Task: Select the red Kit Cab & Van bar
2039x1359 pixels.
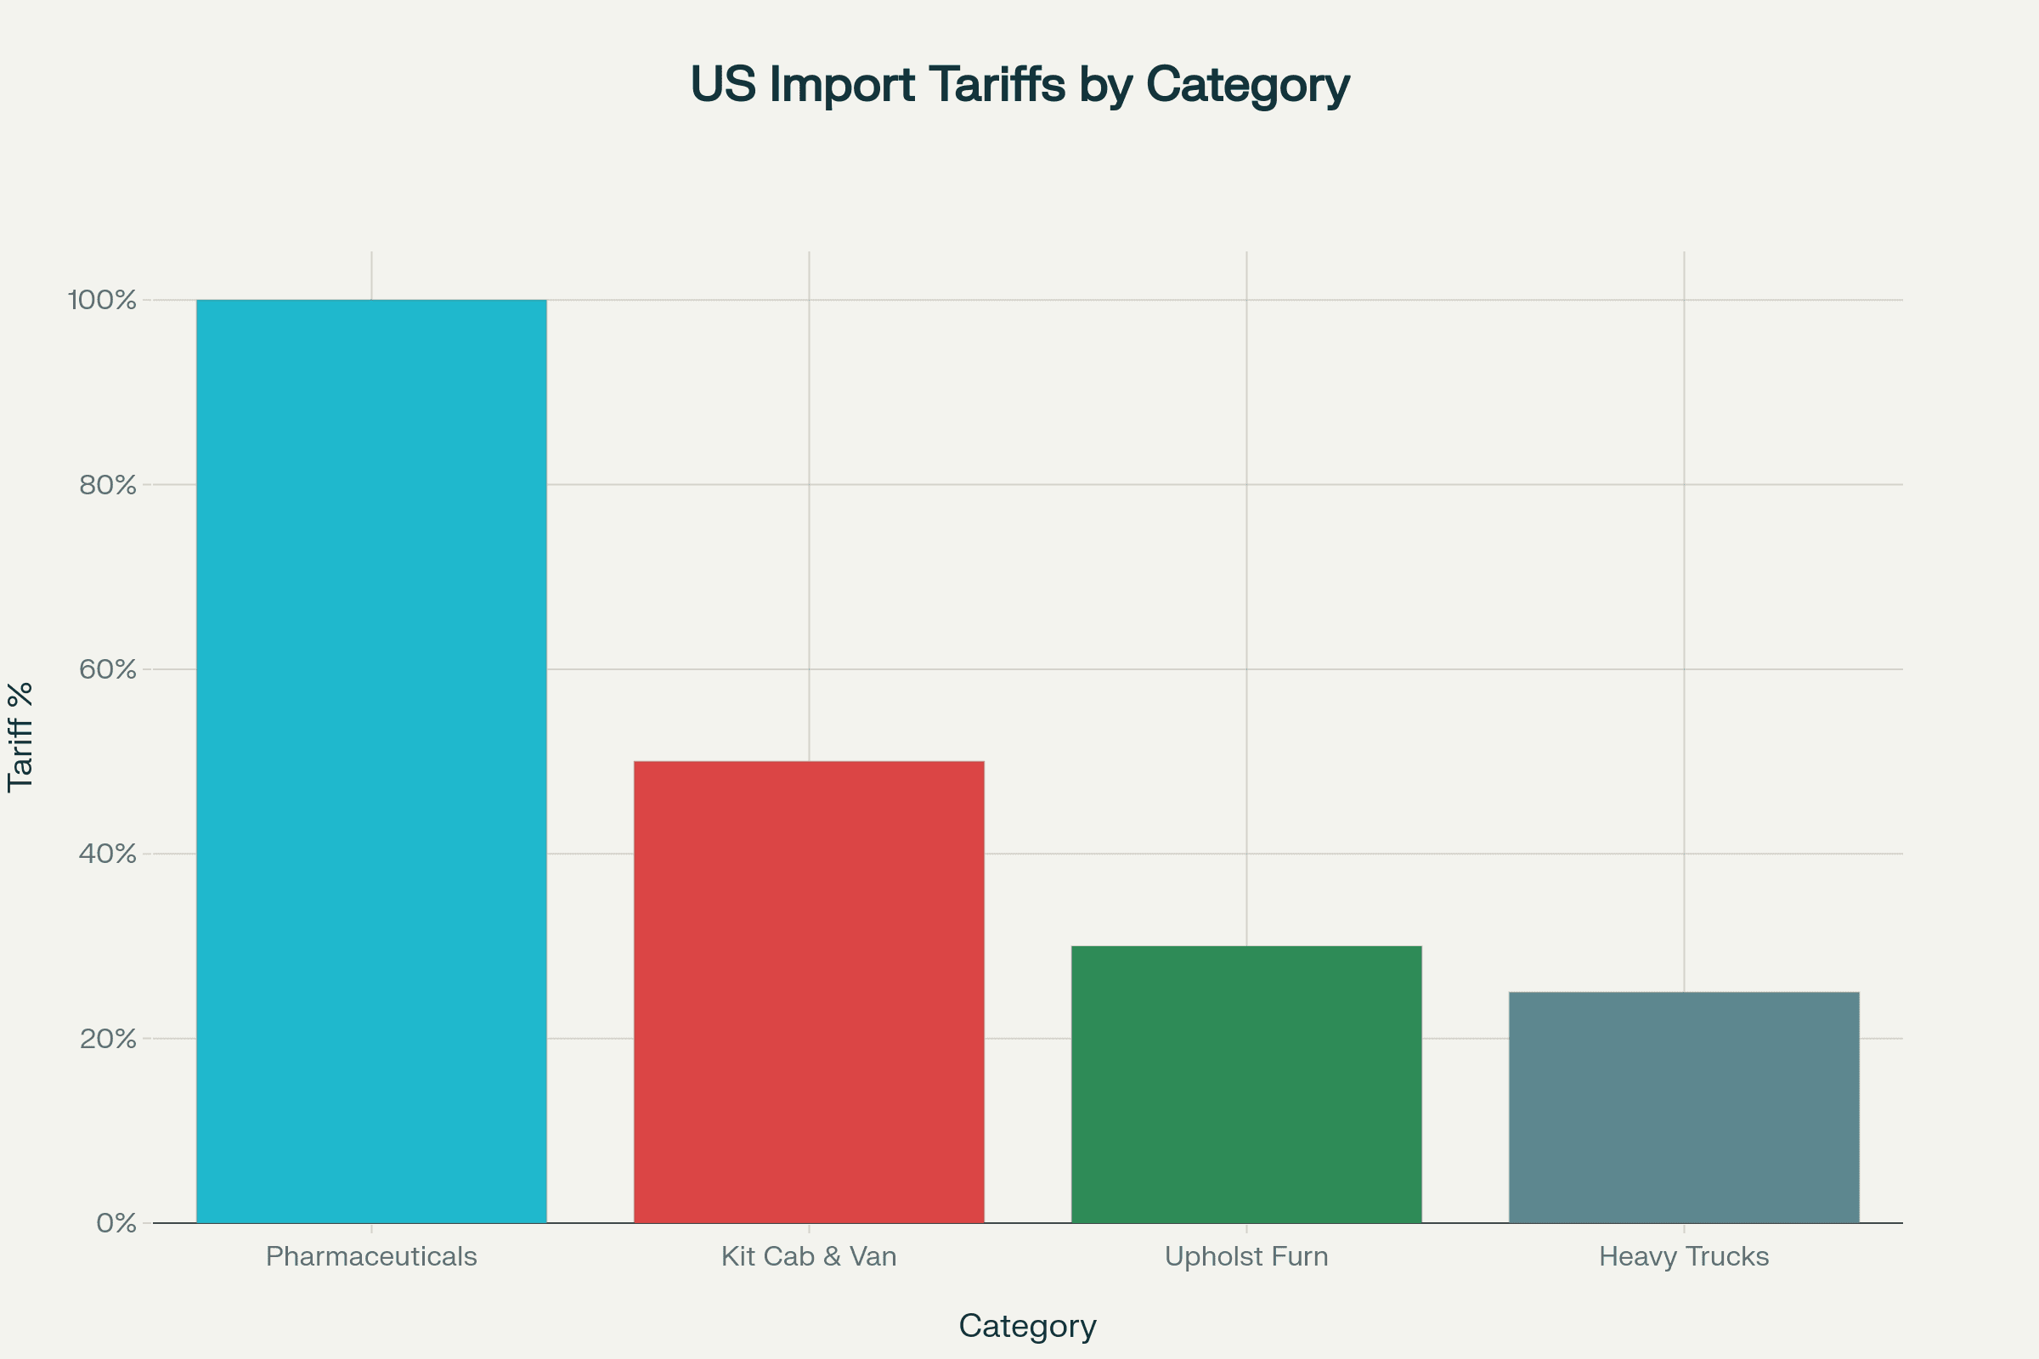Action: coord(809,991)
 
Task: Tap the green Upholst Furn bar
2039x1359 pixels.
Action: coord(1246,1085)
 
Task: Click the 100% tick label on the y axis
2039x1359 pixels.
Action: coord(102,301)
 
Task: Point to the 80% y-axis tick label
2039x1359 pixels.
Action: coord(109,485)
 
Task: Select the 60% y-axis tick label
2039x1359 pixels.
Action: coord(109,670)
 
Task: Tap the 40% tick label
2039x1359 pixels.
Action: coord(109,854)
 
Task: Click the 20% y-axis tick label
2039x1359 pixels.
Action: coord(109,1039)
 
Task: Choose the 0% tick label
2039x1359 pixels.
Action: coord(116,1224)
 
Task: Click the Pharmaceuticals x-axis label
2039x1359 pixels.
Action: coord(371,1257)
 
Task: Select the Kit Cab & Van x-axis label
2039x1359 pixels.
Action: coord(809,1257)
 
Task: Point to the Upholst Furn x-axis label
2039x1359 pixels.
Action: coord(1246,1257)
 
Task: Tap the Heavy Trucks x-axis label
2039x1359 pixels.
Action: coord(1684,1257)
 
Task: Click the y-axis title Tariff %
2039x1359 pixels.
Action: coord(20,737)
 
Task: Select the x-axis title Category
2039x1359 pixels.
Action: coord(1027,1326)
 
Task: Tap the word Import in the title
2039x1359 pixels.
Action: coord(842,84)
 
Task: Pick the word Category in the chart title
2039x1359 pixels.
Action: coord(1247,86)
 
